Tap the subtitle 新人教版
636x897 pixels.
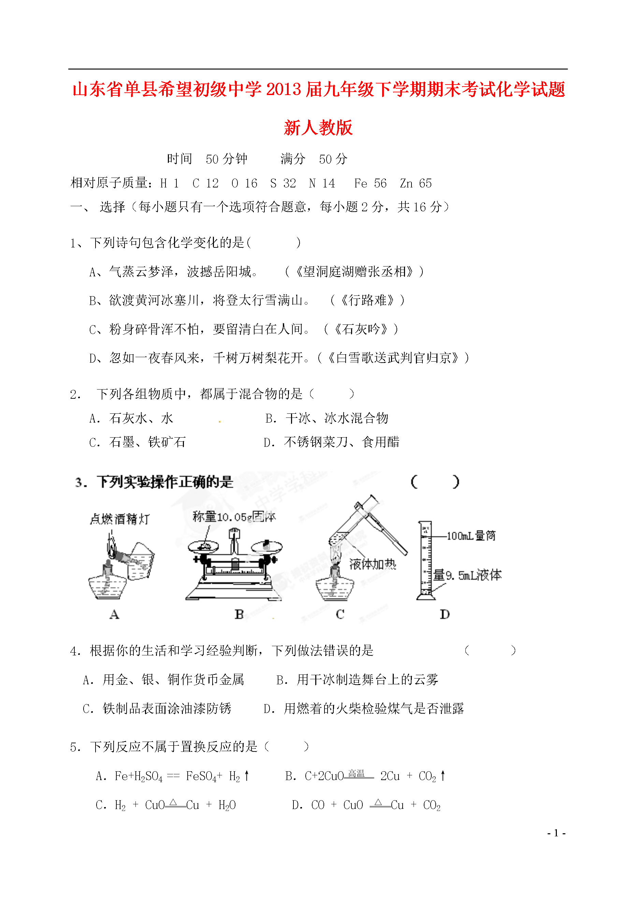[x=318, y=128]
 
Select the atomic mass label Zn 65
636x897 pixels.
[x=416, y=183]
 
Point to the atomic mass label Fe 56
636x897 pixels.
[x=370, y=183]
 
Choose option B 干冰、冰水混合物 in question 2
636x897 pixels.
[x=327, y=418]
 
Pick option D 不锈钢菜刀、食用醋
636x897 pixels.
[x=332, y=442]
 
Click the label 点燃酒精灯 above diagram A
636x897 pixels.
[x=119, y=519]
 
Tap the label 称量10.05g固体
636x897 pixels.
[x=234, y=517]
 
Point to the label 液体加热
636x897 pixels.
[x=373, y=564]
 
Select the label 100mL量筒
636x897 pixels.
[x=471, y=535]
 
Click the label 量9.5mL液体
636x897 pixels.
[x=467, y=575]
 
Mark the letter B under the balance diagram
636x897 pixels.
[x=239, y=614]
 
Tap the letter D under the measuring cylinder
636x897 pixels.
[x=445, y=614]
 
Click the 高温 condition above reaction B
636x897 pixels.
[x=356, y=773]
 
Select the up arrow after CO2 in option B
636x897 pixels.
[x=443, y=775]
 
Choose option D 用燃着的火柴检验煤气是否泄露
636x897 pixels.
[x=364, y=709]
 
